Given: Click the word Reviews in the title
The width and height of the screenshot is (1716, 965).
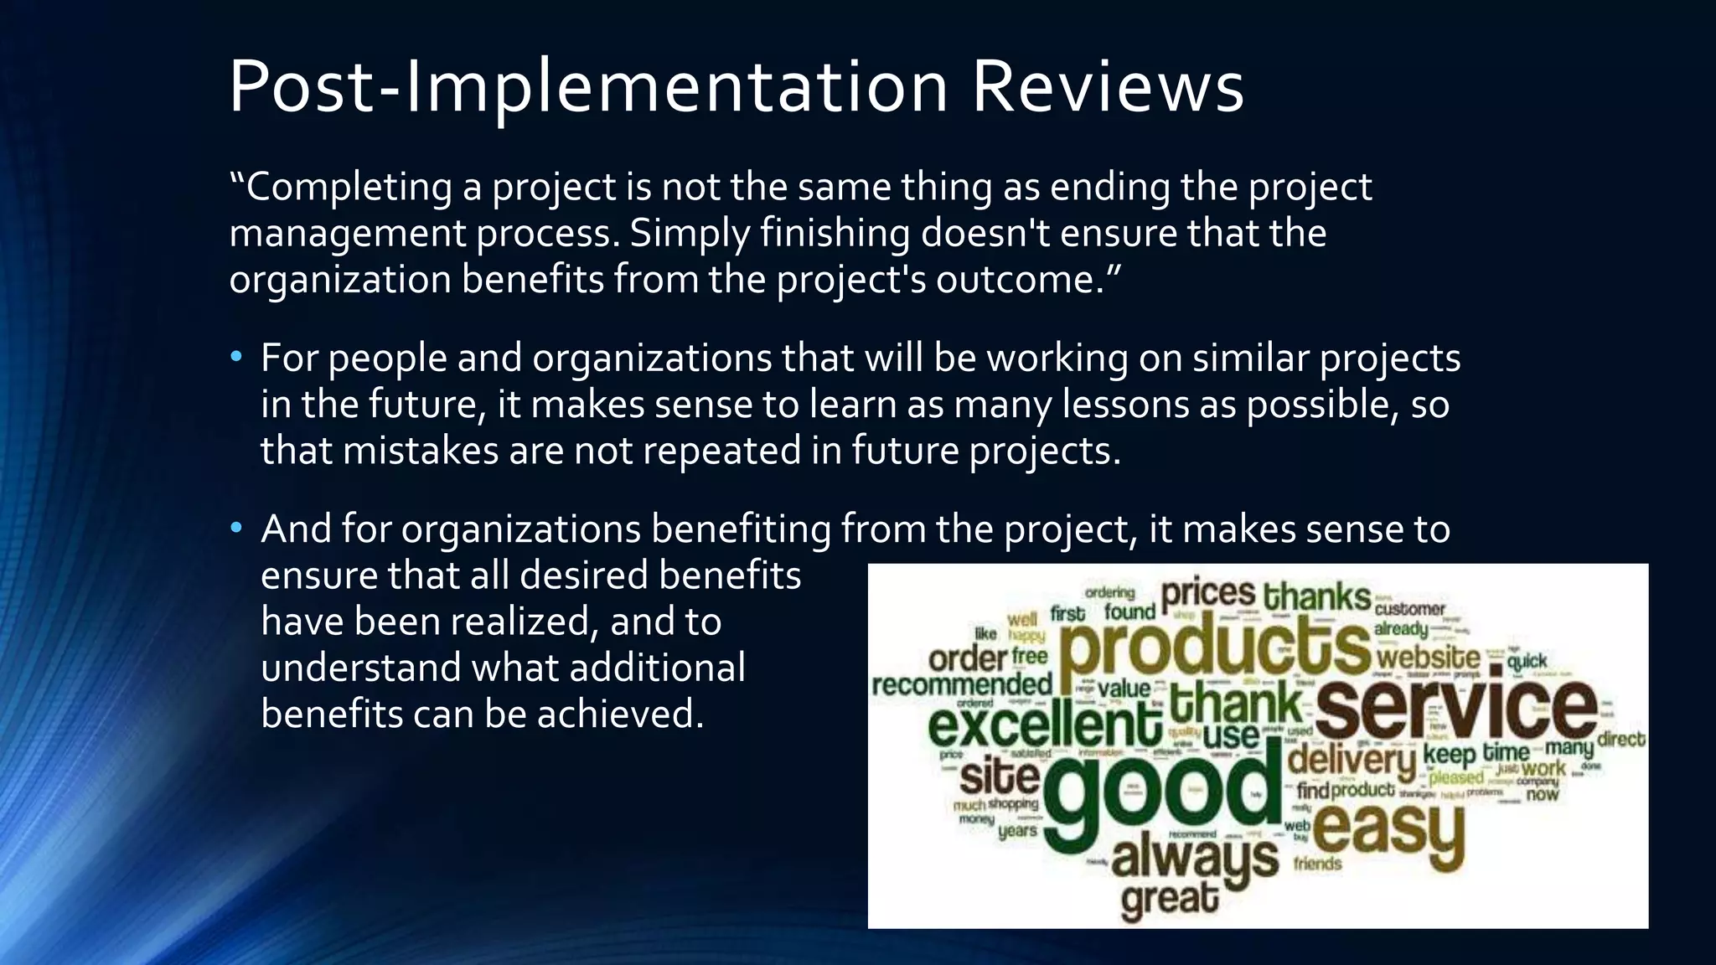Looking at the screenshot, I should pyautogui.click(x=1107, y=87).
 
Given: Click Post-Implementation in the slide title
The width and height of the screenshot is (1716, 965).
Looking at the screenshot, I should pyautogui.click(x=587, y=89).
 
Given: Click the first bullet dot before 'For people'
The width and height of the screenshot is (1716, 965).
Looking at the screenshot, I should pyautogui.click(x=236, y=359).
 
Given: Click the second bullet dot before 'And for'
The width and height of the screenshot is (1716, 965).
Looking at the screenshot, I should pyautogui.click(x=236, y=529).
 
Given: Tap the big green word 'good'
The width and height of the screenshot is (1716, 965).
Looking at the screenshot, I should pyautogui.click(x=1160, y=792).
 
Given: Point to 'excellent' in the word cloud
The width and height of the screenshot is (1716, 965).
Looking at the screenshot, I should pyautogui.click(x=1044, y=725).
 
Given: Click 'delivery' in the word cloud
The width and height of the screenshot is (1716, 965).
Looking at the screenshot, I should pyautogui.click(x=1351, y=761).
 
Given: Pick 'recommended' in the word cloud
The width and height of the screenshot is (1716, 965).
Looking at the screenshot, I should pyautogui.click(x=961, y=685).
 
